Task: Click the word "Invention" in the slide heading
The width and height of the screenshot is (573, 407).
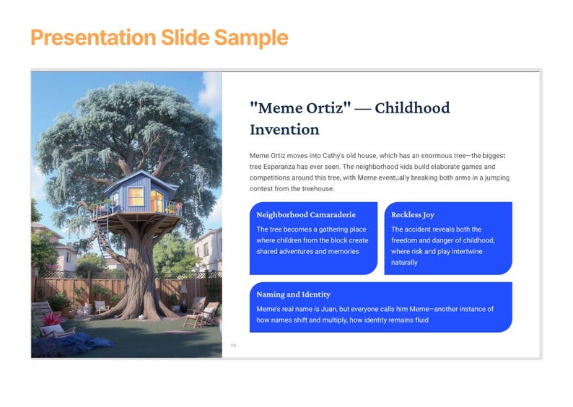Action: click(284, 130)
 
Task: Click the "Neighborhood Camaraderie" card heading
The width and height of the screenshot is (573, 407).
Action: click(306, 214)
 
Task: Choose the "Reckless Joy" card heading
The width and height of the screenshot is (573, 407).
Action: click(413, 214)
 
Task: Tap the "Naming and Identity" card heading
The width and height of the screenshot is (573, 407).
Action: click(293, 294)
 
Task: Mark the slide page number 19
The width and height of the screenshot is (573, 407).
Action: click(233, 346)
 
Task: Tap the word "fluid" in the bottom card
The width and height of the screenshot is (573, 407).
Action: click(419, 320)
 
